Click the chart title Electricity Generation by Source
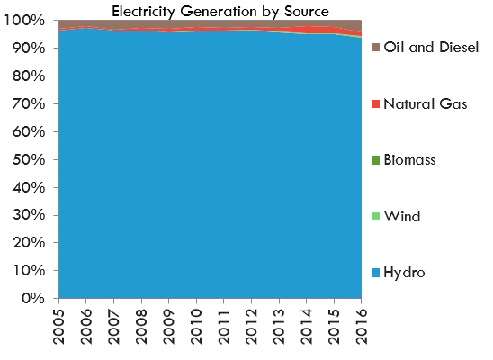pos(220,11)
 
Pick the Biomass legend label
pos(409,160)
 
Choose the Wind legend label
pos(400,216)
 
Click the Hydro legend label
pos(403,272)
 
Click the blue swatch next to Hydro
pos(375,273)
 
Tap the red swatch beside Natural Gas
pos(375,105)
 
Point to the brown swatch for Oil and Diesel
pos(375,49)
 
